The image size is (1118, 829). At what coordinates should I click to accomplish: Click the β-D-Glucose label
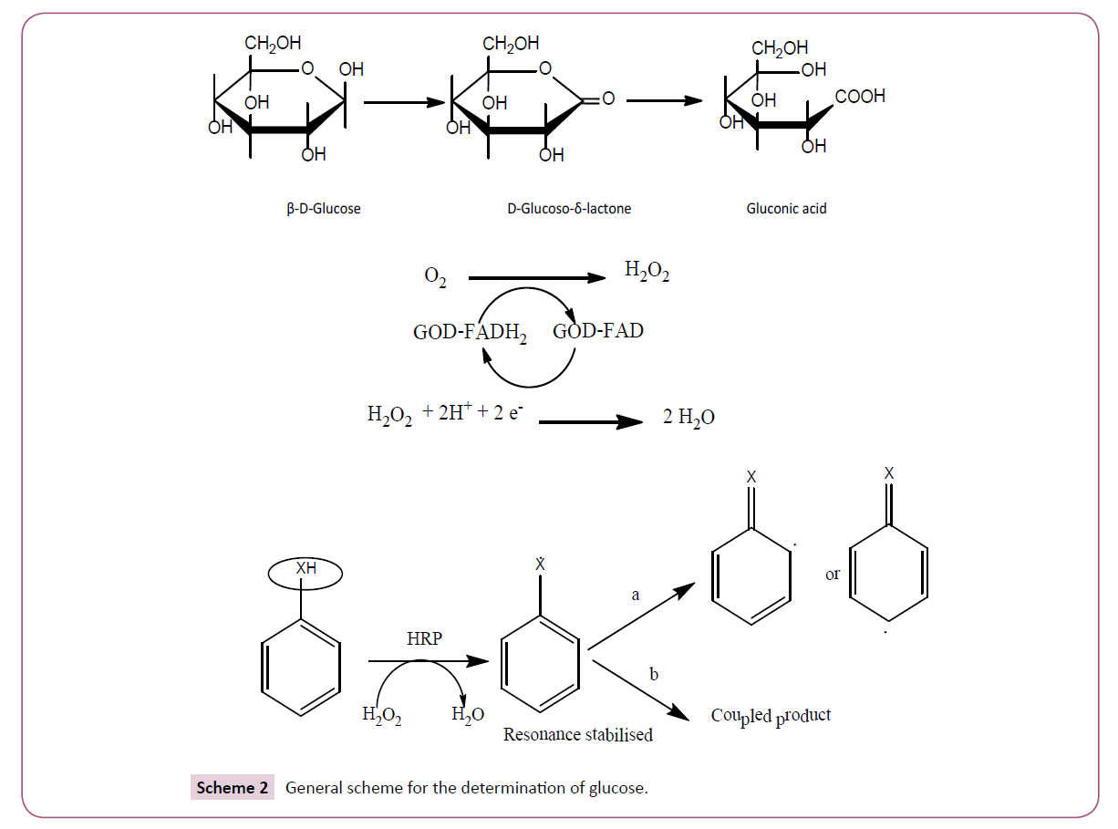pyautogui.click(x=324, y=209)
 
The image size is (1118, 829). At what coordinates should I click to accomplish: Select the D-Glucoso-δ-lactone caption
pyautogui.click(x=569, y=209)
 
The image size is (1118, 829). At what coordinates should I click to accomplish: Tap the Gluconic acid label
pyautogui.click(x=786, y=209)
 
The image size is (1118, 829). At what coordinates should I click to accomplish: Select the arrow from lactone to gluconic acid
pyautogui.click(x=664, y=101)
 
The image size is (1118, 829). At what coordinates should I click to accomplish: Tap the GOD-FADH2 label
pyautogui.click(x=470, y=333)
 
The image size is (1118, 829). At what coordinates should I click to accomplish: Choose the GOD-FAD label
pyautogui.click(x=597, y=331)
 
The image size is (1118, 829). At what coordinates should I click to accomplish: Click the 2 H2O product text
pyautogui.click(x=688, y=419)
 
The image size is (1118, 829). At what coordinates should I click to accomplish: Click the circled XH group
pyautogui.click(x=305, y=575)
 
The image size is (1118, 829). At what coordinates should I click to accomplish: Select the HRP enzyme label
pyautogui.click(x=424, y=639)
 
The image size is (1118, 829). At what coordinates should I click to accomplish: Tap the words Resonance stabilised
pyautogui.click(x=578, y=734)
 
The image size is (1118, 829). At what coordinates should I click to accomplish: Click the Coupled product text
pyautogui.click(x=771, y=717)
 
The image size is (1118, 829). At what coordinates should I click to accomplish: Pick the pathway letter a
pyautogui.click(x=636, y=595)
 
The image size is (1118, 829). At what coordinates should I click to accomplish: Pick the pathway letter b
pyautogui.click(x=653, y=675)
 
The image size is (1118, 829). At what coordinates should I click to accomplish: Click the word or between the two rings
pyautogui.click(x=833, y=575)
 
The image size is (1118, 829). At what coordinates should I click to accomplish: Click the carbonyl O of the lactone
pyautogui.click(x=608, y=98)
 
